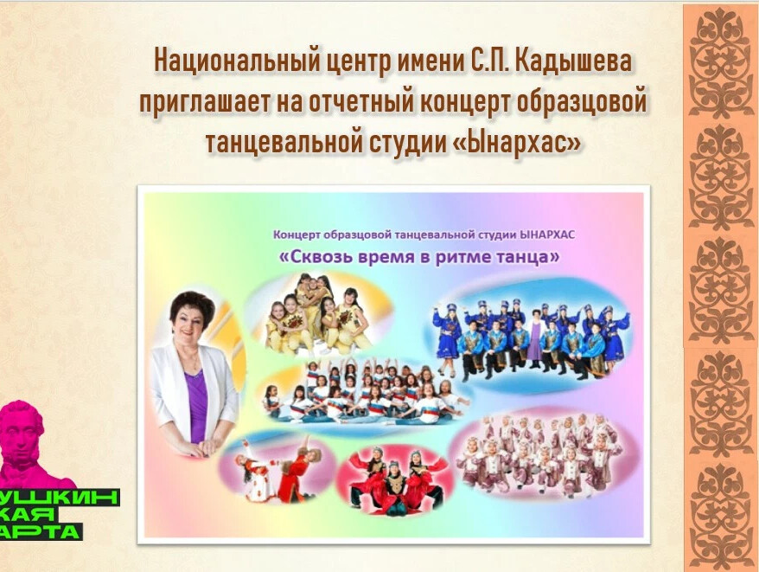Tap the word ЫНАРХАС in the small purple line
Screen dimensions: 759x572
547,235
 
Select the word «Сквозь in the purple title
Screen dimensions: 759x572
316,256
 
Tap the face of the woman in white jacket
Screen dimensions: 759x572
191,323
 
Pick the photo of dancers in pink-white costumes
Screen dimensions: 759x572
540,456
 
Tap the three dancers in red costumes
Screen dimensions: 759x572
396,480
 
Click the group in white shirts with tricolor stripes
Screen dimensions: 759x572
364,393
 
